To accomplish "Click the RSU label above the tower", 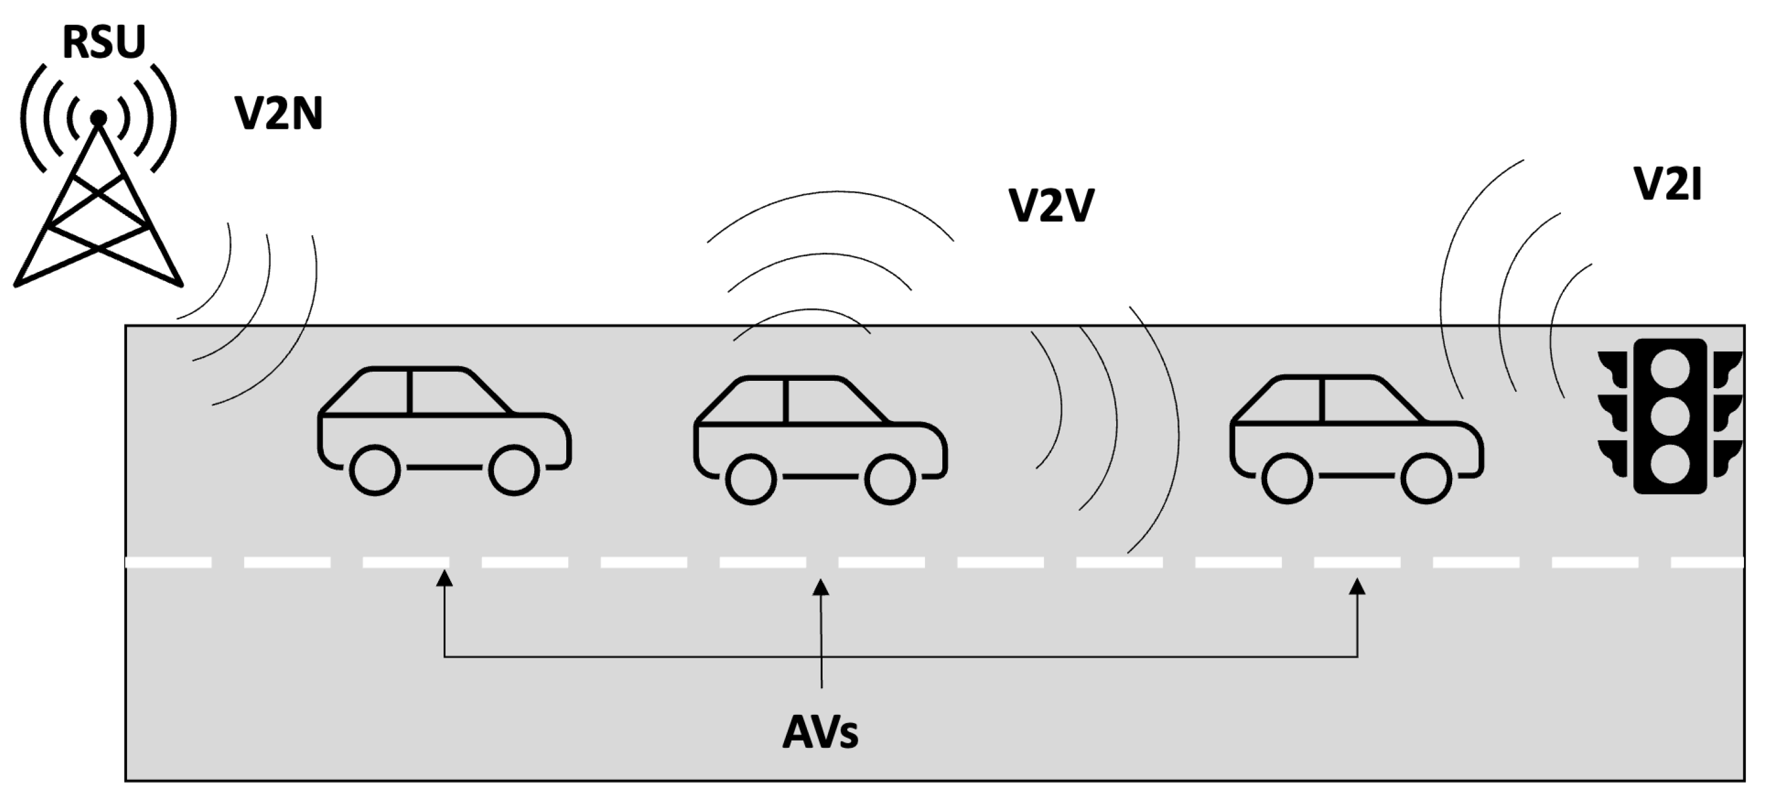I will pyautogui.click(x=104, y=42).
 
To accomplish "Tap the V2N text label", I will pyautogui.click(x=279, y=114).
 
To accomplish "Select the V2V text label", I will pyautogui.click(x=1051, y=205).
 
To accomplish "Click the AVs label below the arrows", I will pyautogui.click(x=820, y=733).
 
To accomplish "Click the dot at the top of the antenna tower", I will pyautogui.click(x=99, y=119).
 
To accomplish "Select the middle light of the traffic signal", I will pyautogui.click(x=1670, y=416).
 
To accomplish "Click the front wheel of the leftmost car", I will pyautogui.click(x=514, y=470).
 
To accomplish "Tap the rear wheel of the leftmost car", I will pyautogui.click(x=374, y=470).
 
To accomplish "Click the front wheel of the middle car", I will pyautogui.click(x=890, y=479).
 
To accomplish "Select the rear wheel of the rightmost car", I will pyautogui.click(x=1287, y=478).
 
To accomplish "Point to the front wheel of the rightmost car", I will pyautogui.click(x=1426, y=478).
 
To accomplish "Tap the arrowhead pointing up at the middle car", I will pyautogui.click(x=821, y=587).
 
